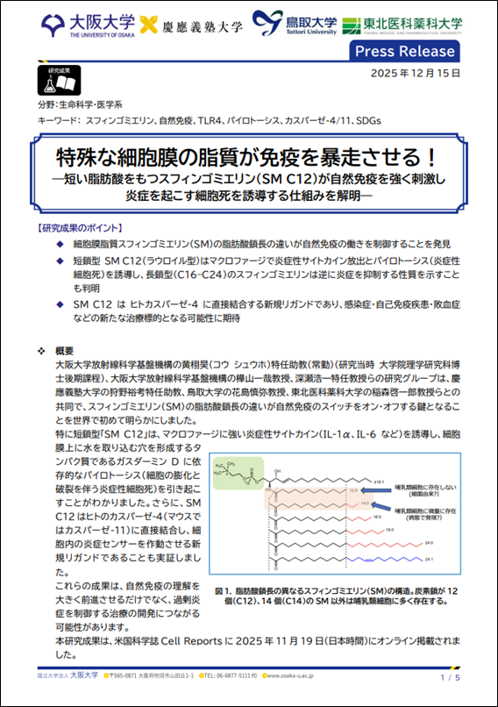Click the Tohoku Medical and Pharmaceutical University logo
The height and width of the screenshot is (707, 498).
point(403,25)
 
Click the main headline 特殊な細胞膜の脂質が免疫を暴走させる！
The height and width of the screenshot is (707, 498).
point(248,158)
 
